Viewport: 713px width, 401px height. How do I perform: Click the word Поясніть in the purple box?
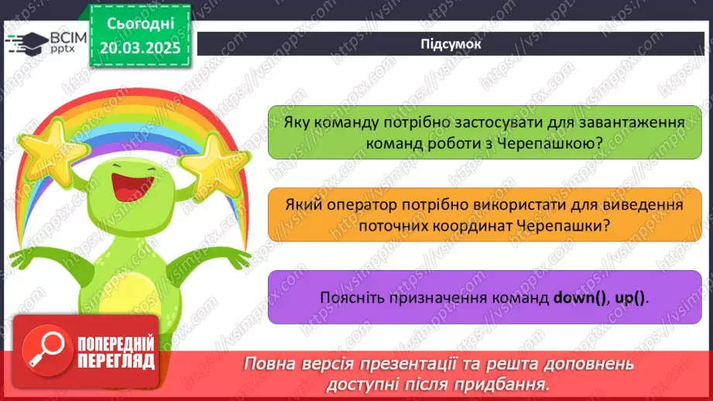(348, 297)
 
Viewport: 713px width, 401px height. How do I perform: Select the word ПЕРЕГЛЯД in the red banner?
(115, 362)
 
